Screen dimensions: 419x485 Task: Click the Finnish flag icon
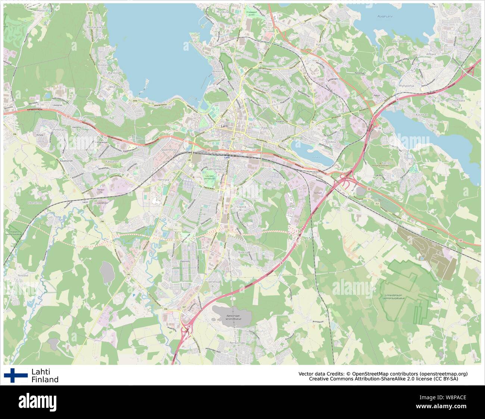(x=16, y=375)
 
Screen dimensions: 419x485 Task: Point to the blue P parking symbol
(x=134, y=295)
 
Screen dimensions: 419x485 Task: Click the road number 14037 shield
(x=85, y=202)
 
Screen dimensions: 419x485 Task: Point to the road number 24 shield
(x=379, y=128)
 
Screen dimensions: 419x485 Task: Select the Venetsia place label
(x=215, y=282)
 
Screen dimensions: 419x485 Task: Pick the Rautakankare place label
(x=96, y=27)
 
